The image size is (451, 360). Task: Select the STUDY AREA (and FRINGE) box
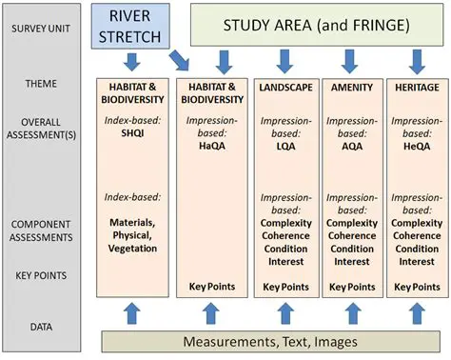317,26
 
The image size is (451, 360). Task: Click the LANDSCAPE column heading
283,88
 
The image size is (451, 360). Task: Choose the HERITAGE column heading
416,88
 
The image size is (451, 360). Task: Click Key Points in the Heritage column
416,286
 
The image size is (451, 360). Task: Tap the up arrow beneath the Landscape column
283,312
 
